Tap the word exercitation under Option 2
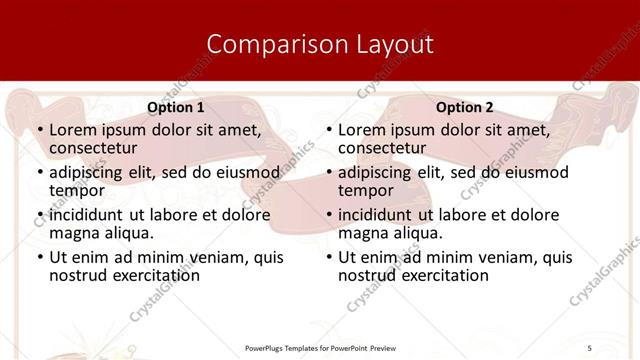coord(440,274)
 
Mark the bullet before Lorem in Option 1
coord(40,130)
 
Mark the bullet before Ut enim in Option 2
coord(329,257)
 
